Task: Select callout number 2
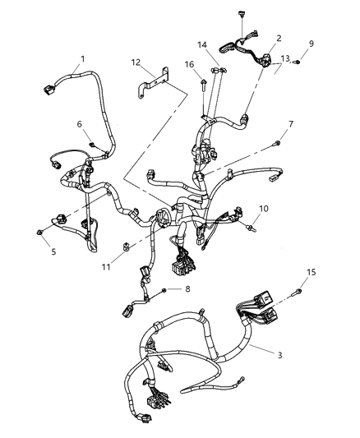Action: pos(279,38)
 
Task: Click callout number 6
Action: pos(79,123)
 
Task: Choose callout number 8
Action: pos(187,288)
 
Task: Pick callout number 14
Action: pos(202,44)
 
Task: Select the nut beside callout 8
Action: pos(166,289)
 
